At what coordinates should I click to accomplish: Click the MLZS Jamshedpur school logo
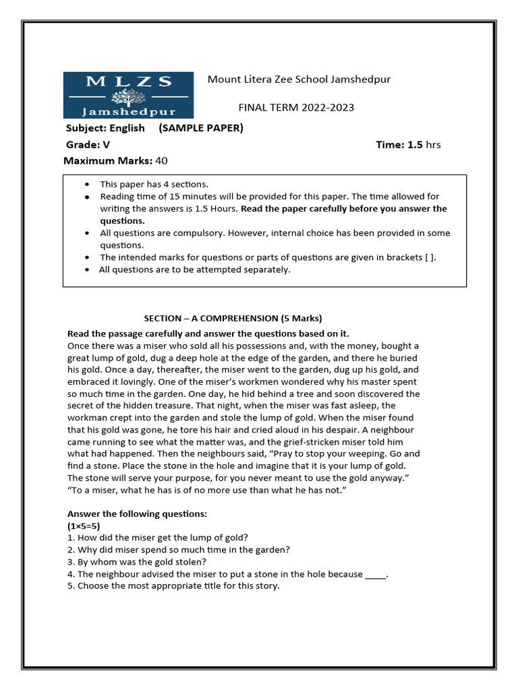128,95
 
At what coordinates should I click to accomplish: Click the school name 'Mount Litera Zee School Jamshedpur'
299,80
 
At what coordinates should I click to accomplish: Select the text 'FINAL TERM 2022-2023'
296,108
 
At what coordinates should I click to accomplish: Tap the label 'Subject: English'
105,128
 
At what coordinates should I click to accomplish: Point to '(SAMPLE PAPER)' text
201,128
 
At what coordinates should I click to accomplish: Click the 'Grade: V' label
87,144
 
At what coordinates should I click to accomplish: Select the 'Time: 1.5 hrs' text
407,144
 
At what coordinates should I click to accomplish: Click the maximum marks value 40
161,160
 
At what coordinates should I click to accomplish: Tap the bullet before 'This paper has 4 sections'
88,184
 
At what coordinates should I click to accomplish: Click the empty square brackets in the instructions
429,257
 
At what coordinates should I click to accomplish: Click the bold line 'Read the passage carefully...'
208,334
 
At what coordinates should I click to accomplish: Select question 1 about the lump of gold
158,537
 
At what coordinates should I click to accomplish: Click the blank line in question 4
376,574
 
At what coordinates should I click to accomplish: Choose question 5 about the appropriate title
173,586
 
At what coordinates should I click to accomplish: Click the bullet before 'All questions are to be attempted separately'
88,270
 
